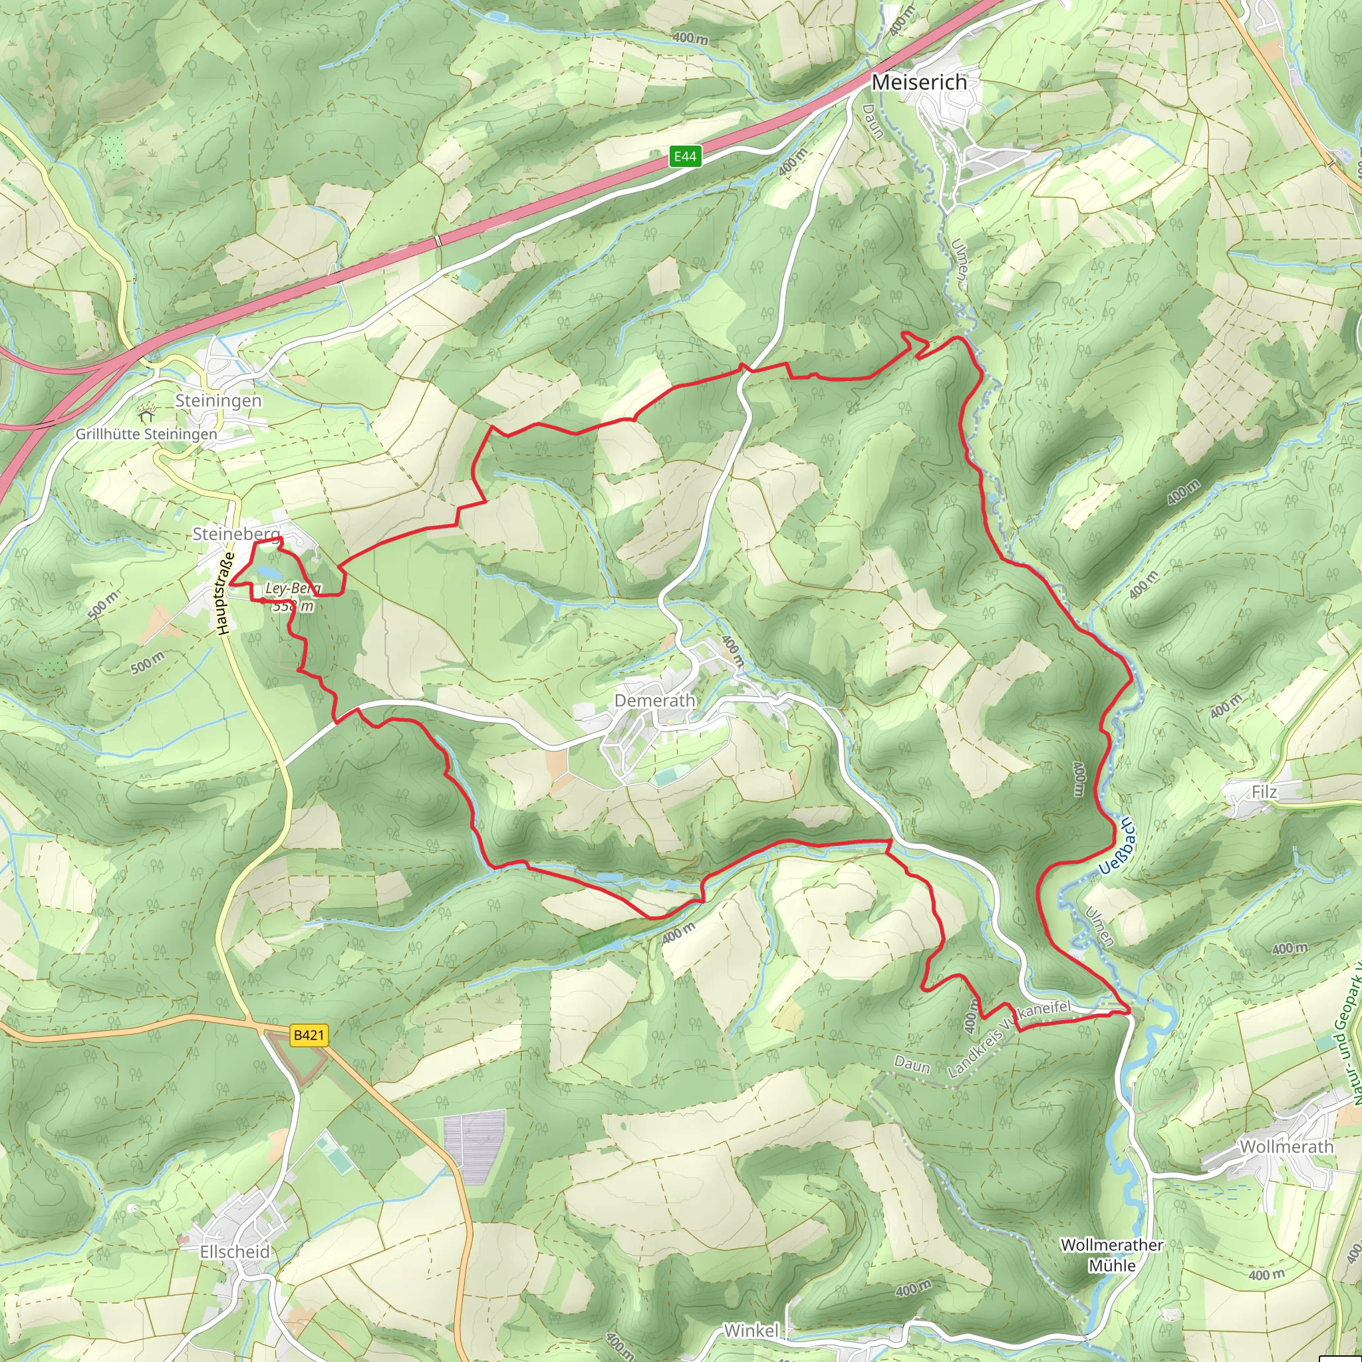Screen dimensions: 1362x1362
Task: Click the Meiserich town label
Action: pyautogui.click(x=918, y=82)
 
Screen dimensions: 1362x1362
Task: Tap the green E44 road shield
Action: pyautogui.click(x=684, y=156)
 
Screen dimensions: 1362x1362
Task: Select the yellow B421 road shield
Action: pyautogui.click(x=309, y=1035)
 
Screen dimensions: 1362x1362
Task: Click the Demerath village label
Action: pyautogui.click(x=655, y=700)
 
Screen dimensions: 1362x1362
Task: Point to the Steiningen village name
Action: pyautogui.click(x=218, y=400)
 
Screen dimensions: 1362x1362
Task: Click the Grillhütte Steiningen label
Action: pyautogui.click(x=146, y=434)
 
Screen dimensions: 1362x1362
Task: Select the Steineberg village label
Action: pyautogui.click(x=235, y=533)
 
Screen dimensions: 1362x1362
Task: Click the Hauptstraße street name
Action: pyautogui.click(x=225, y=594)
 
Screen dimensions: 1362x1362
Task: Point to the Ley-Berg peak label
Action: pyautogui.click(x=292, y=588)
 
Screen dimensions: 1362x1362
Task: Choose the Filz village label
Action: pyautogui.click(x=1264, y=791)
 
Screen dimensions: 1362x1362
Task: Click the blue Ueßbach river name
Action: pyautogui.click(x=1117, y=847)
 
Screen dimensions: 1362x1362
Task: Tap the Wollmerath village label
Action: pyautogui.click(x=1287, y=1147)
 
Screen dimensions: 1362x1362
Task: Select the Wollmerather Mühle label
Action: pyautogui.click(x=1112, y=1256)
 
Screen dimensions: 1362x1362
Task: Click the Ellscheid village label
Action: pyautogui.click(x=235, y=1252)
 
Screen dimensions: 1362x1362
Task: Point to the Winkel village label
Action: pyautogui.click(x=751, y=1330)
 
